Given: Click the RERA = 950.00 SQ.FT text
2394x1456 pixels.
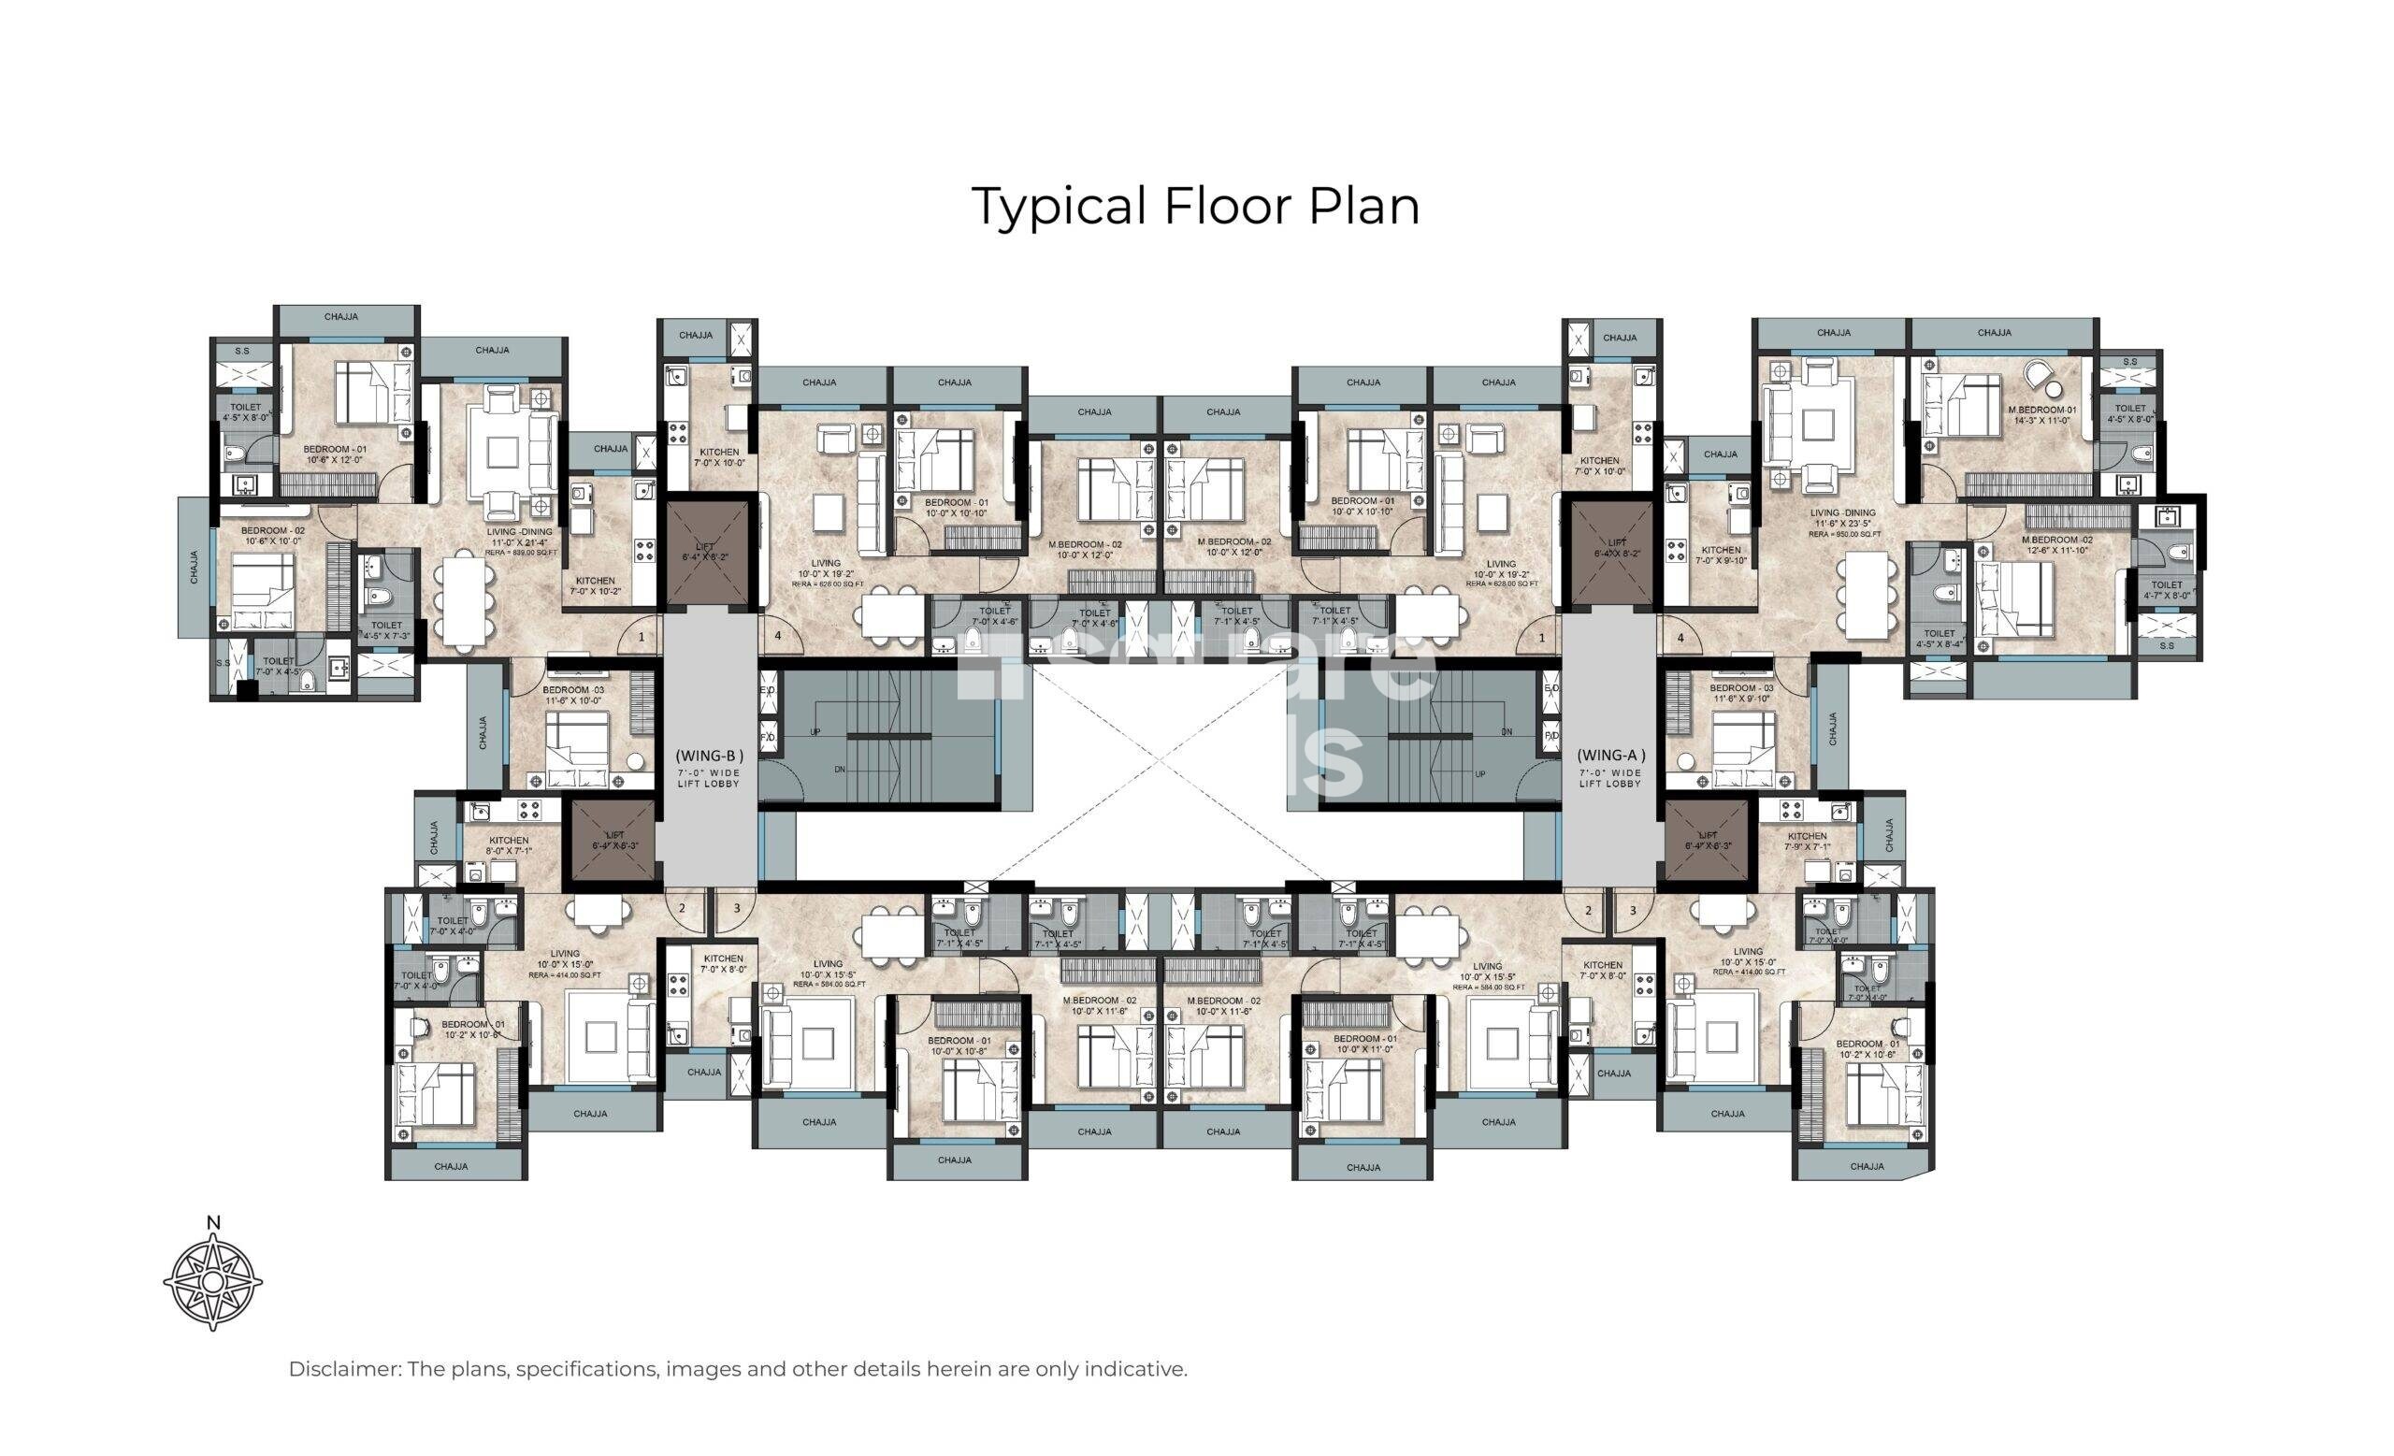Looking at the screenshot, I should tap(1842, 533).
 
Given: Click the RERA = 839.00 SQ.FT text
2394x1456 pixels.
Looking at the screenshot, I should tap(521, 553).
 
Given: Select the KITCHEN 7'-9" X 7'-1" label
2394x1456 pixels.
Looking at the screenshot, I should tap(1806, 842).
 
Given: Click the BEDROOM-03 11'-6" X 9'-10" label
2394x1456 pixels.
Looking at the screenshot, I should tap(1741, 694).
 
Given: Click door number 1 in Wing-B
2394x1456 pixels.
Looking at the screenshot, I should tap(642, 638).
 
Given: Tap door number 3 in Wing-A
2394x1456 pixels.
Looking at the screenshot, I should tap(1632, 910).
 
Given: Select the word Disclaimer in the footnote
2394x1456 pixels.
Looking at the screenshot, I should tap(344, 1370).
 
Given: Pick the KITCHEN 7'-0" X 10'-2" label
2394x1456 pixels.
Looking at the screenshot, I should tap(595, 585).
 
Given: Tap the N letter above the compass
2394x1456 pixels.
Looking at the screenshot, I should tap(214, 1223).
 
